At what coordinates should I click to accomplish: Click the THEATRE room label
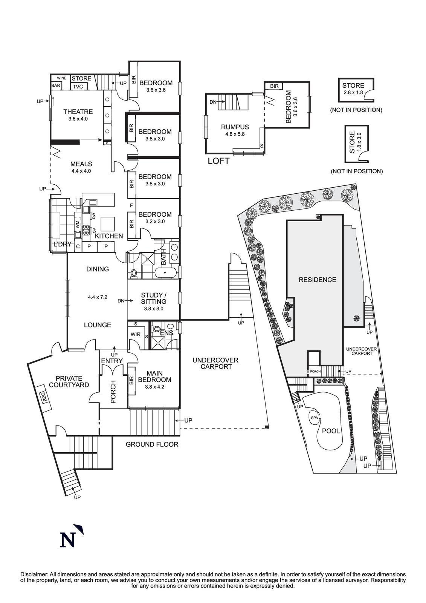pos(78,112)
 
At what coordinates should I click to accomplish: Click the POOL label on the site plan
pos(331,431)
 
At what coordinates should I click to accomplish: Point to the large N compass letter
pos(68,539)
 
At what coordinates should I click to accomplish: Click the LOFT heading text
pos(218,161)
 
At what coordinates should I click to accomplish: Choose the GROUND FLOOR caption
pos(152,444)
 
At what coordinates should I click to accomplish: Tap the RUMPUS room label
pos(235,127)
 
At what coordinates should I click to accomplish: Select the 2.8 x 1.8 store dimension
pos(353,92)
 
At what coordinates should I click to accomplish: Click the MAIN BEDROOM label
pos(154,376)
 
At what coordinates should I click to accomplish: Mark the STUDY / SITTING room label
pos(154,298)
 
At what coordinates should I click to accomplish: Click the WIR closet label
pos(135,334)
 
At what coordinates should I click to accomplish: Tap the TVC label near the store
pos(78,87)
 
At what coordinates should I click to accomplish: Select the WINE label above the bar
pos(62,78)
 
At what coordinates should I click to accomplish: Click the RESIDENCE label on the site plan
pos(317,280)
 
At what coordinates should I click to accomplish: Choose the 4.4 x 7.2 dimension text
pos(98,297)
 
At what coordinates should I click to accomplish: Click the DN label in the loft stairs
pos(212,102)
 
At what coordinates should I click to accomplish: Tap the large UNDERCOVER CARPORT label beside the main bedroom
pos(215,363)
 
